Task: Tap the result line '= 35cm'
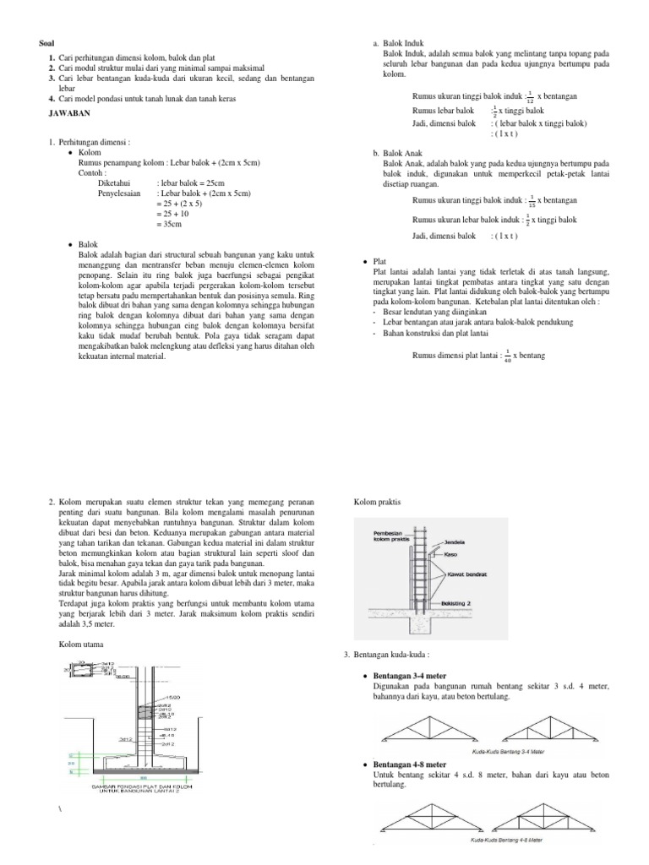(173, 225)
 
